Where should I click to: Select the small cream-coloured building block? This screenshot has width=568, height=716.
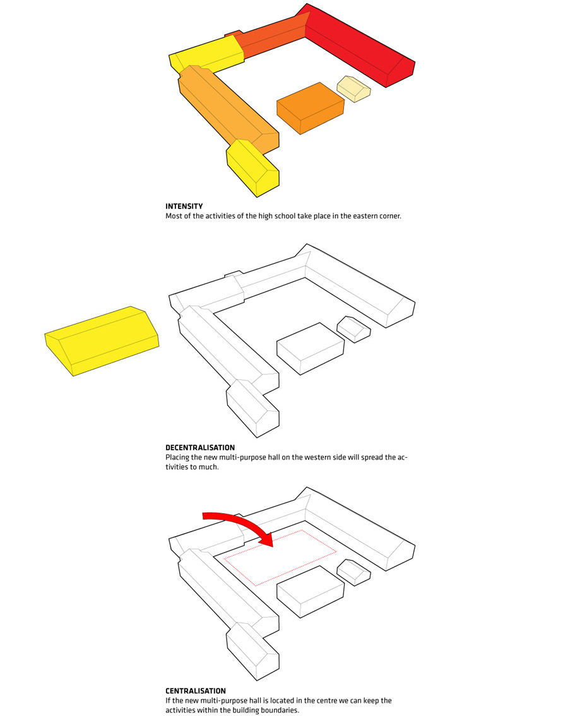coord(354,88)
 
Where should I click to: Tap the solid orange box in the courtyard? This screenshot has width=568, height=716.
coord(311,108)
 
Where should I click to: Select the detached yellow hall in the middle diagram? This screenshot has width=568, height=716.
coord(102,341)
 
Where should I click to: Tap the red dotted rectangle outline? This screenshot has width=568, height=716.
coord(280,558)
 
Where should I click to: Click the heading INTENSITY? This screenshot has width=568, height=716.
coord(184,206)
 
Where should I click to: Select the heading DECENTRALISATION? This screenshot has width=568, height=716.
coord(200,448)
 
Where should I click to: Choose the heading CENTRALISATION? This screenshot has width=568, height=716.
coord(196,691)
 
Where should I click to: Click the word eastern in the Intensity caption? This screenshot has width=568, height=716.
coord(353,216)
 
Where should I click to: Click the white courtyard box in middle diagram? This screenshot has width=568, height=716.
coord(311,349)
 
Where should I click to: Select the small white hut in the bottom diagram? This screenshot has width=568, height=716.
coord(354,572)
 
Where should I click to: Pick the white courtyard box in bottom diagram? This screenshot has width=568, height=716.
coord(311,592)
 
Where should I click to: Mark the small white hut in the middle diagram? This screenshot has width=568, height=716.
coord(354,329)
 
